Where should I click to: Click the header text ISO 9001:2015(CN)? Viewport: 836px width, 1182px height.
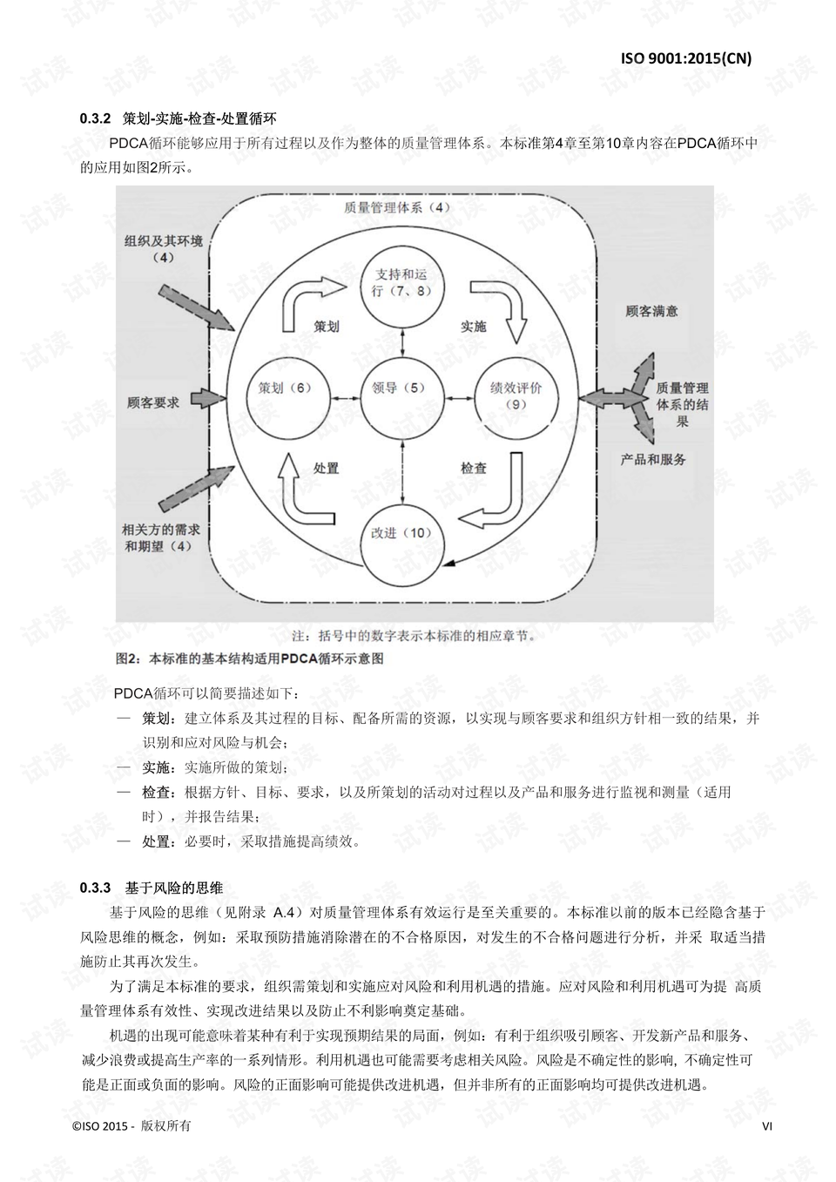tap(685, 58)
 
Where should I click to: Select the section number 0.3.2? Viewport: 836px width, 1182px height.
tap(95, 118)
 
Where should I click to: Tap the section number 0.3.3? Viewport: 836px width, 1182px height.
tap(95, 888)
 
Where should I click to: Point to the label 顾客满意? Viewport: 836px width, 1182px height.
tap(651, 311)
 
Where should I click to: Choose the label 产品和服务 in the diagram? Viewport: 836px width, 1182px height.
tap(653, 460)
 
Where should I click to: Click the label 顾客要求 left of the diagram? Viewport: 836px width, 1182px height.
tap(153, 403)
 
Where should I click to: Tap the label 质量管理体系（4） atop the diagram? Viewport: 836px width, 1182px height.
tap(397, 207)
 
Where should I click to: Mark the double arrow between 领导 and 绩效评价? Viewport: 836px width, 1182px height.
tap(459, 398)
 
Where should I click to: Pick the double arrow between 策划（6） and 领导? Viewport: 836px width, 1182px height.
tap(345, 398)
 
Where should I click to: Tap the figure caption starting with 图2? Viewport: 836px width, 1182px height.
tap(249, 659)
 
